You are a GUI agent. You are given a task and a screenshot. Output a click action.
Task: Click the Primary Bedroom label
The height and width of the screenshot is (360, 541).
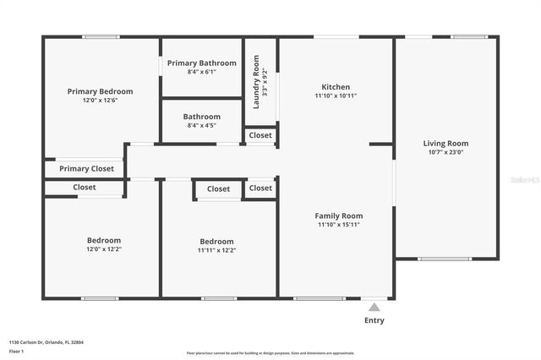click(101, 91)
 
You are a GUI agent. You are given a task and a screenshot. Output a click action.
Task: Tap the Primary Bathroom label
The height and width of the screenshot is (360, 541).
click(202, 63)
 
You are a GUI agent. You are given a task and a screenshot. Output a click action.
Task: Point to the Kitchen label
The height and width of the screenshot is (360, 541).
click(336, 87)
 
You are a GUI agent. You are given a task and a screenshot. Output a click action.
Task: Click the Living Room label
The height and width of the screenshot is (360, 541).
click(445, 144)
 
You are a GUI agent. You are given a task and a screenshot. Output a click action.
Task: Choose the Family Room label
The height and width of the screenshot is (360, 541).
click(339, 216)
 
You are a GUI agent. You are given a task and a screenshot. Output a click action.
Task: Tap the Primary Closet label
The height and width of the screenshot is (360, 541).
click(86, 169)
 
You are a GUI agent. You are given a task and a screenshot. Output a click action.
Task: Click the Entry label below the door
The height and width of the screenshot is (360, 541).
click(374, 320)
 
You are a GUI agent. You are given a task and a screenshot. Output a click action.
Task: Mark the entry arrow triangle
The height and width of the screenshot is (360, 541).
click(374, 307)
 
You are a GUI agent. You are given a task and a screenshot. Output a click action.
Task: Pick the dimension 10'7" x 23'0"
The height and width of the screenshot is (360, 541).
click(445, 153)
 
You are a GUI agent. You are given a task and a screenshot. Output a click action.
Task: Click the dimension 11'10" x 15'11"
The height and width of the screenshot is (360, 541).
click(339, 226)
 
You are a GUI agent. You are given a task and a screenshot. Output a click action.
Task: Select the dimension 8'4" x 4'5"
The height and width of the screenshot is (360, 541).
click(202, 126)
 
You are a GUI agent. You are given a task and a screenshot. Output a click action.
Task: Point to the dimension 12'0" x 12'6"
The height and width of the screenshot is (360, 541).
click(101, 101)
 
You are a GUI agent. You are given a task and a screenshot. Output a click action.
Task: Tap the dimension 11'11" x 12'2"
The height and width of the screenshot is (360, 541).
click(216, 250)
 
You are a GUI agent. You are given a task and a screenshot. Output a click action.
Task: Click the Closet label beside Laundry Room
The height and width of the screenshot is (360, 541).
click(260, 135)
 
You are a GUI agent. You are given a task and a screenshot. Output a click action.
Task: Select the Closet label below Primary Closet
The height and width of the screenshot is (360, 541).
click(85, 188)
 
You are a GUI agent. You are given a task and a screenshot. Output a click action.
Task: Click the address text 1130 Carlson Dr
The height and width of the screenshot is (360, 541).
click(46, 342)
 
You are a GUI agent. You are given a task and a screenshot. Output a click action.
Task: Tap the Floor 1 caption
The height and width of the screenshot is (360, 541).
click(17, 351)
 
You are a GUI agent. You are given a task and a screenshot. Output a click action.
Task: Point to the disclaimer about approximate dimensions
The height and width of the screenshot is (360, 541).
click(270, 353)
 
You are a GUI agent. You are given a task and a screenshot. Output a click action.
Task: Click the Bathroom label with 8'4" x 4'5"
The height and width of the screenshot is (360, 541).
click(202, 117)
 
